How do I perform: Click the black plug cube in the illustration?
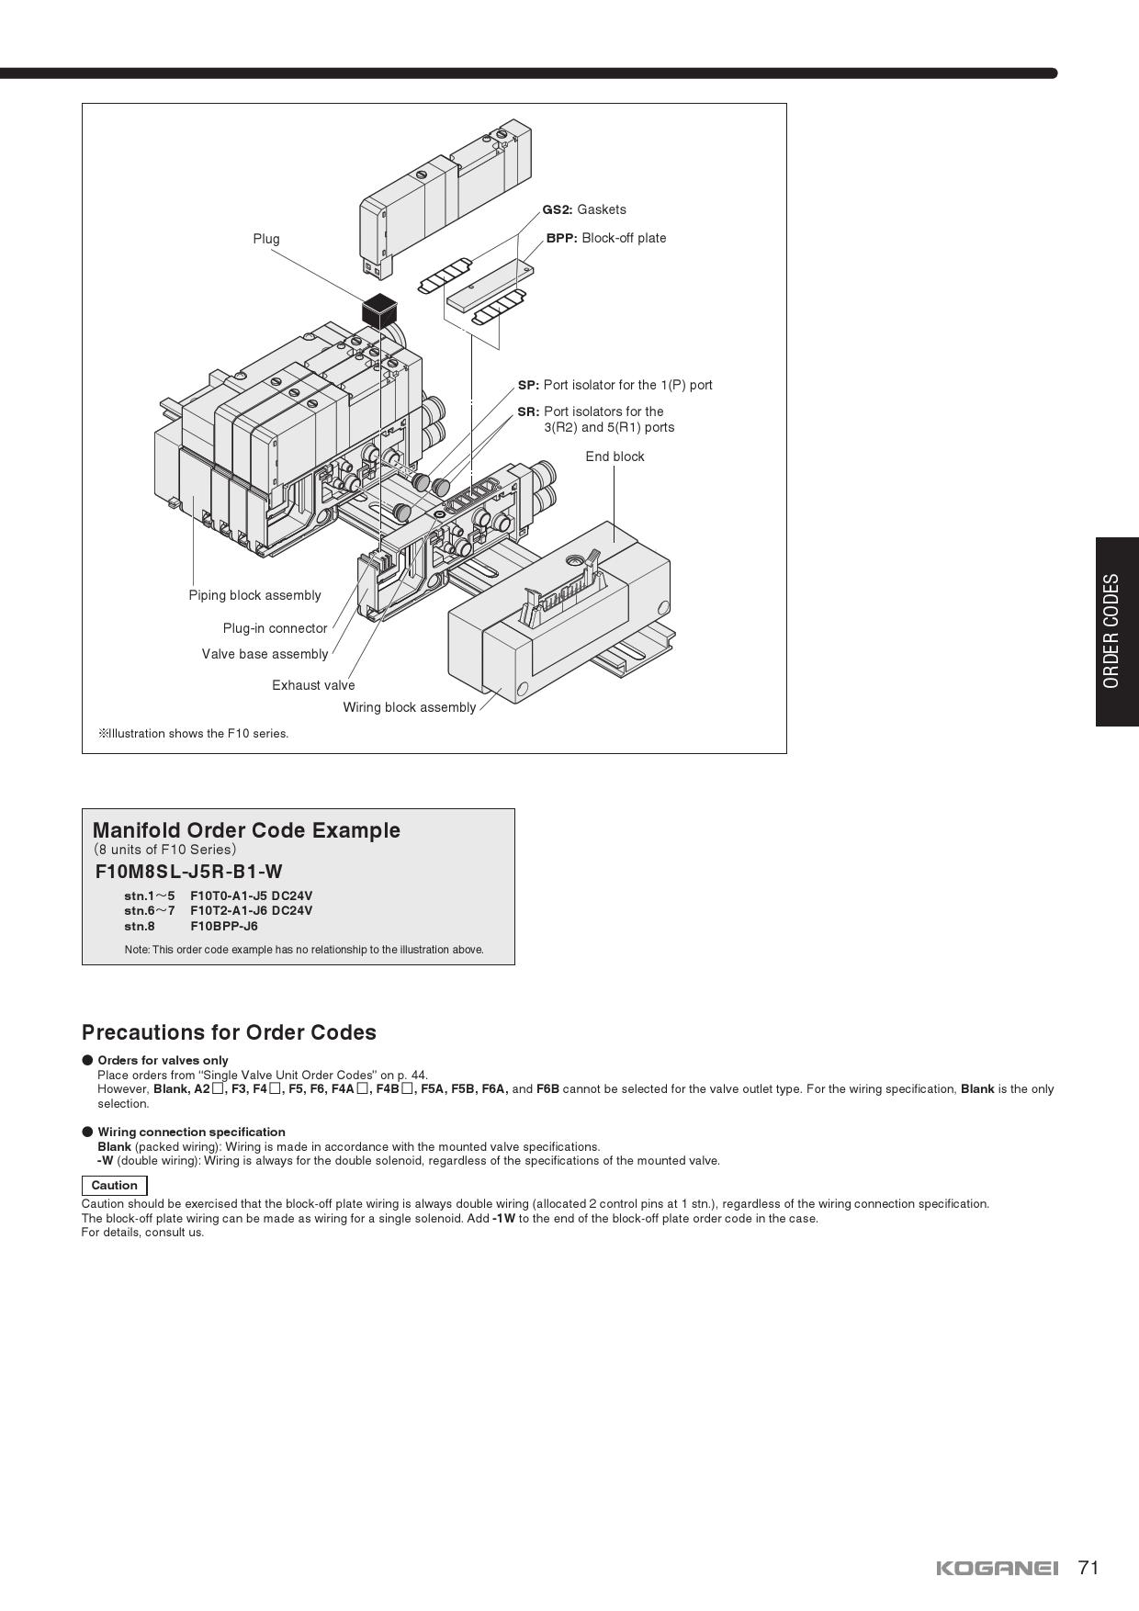[x=378, y=310]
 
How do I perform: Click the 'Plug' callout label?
[x=266, y=239]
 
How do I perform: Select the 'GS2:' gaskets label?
[x=584, y=209]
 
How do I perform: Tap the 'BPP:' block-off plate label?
[x=606, y=238]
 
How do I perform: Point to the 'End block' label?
[x=615, y=456]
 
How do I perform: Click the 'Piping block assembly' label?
[x=255, y=595]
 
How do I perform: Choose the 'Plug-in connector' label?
[x=275, y=628]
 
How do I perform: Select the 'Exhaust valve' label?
[x=313, y=685]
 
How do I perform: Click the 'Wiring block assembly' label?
[x=410, y=707]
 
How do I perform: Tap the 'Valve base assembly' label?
[x=265, y=654]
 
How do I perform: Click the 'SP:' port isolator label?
[x=615, y=385]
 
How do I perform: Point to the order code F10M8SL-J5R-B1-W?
[x=189, y=872]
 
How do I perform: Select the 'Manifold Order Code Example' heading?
[x=246, y=830]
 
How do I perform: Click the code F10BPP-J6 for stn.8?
[x=224, y=926]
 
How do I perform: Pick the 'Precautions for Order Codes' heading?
[x=229, y=1032]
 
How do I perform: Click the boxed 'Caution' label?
[x=114, y=1186]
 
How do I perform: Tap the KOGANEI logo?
[x=998, y=1568]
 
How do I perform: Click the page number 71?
[x=1088, y=1567]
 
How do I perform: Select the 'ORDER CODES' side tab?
[x=1117, y=632]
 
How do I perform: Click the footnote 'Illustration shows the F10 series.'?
[x=194, y=733]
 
